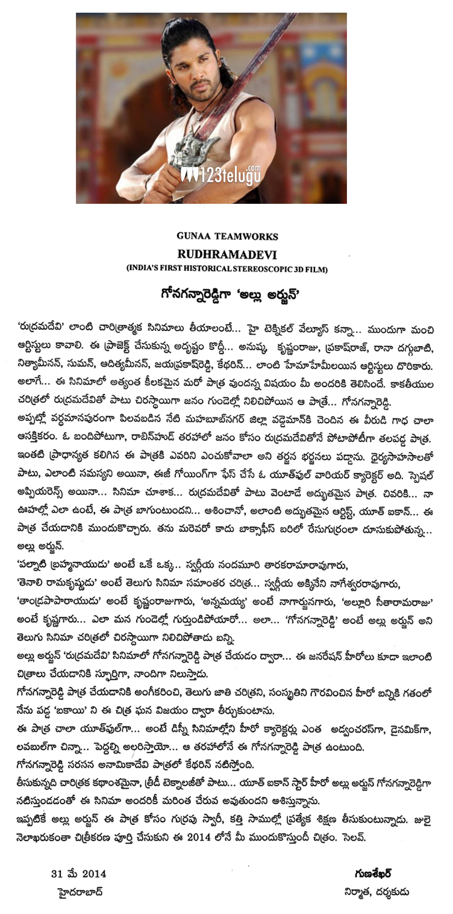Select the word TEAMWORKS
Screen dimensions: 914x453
[238, 236]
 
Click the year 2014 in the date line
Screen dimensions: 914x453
[94, 874]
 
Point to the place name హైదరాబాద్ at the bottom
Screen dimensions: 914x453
[78, 892]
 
